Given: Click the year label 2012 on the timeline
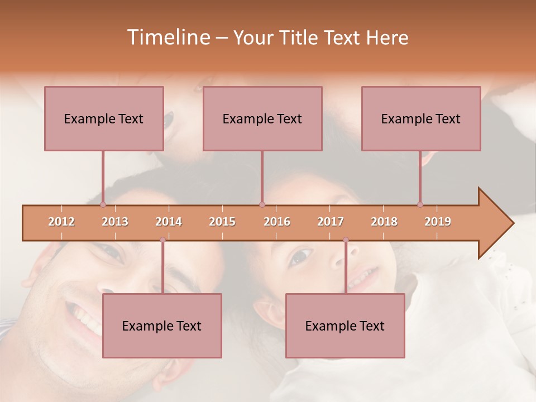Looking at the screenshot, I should click(61, 222).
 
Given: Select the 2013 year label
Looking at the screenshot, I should click(115, 222).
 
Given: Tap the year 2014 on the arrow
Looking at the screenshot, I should click(169, 222).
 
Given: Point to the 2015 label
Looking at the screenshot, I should click(222, 222).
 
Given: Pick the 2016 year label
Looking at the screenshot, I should click(277, 222).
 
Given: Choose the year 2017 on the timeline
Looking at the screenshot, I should click(331, 222).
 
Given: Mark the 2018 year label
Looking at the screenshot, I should click(384, 222).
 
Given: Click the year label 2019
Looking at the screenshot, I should click(438, 222).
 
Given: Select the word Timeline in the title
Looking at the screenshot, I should click(167, 37).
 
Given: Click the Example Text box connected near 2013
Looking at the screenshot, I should click(104, 118).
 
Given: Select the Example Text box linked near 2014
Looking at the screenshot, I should click(162, 326).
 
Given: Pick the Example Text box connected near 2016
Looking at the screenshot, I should click(262, 118).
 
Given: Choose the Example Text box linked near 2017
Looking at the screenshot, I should click(345, 326).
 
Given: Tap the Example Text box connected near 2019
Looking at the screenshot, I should click(421, 118).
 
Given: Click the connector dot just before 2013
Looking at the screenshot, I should click(103, 205).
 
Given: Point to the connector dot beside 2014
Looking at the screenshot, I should click(162, 240).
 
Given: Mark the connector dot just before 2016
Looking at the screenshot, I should click(262, 205).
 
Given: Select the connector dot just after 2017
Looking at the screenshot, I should click(346, 240).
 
